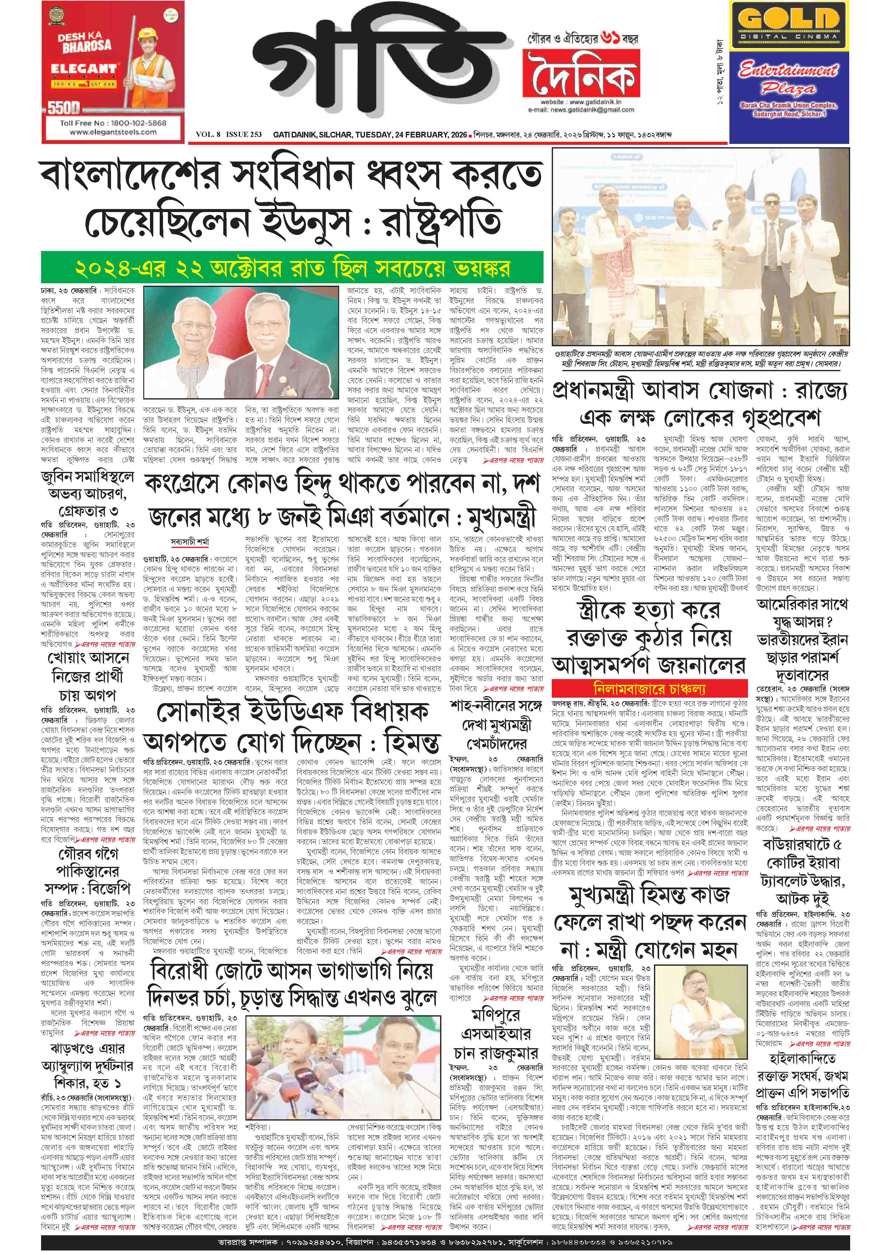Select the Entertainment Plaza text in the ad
point(788,78)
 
